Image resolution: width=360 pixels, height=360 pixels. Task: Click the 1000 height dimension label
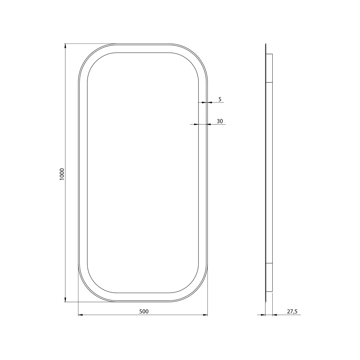pos(62,174)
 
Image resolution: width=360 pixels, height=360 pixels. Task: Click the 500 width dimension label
pos(144,311)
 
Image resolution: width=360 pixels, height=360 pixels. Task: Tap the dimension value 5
pos(220,99)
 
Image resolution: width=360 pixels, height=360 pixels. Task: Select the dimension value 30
pos(220,121)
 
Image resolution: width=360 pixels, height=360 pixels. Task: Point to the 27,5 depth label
pos(292,311)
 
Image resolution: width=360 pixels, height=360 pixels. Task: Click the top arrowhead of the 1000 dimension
pos(65,46)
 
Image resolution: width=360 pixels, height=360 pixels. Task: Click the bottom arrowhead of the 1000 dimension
pos(65,299)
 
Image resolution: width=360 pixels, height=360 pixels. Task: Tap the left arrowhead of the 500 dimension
pos(81,315)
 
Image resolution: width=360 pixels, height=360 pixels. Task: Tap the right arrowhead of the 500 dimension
pos(205,315)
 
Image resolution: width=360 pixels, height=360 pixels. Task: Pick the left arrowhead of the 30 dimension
pos(196,124)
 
